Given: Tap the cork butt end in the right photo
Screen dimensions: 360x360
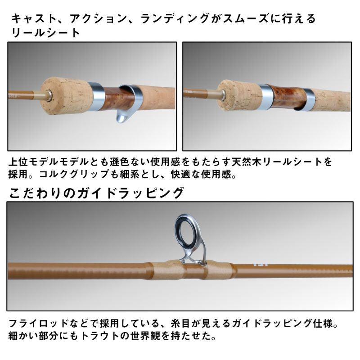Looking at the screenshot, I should pos(238,95).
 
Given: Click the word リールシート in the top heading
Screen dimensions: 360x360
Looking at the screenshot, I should pos(45,32).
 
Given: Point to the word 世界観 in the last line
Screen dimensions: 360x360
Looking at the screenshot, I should pos(176,336).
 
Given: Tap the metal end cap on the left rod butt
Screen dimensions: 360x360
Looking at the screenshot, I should pos(46,95).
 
